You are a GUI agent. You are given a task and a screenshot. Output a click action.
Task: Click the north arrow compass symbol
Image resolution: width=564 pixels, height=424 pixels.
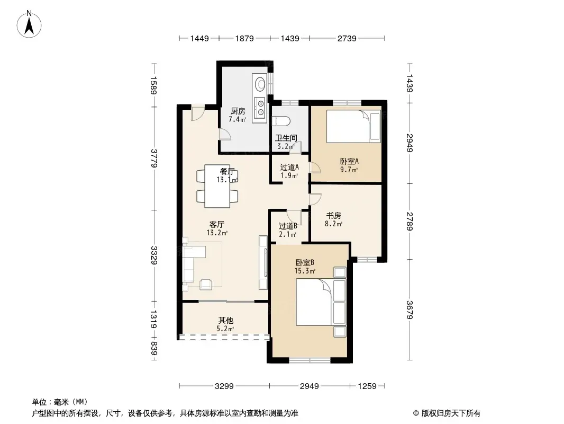click(x=29, y=24)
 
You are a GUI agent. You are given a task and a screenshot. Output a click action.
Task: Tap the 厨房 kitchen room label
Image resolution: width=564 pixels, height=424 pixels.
click(x=238, y=111)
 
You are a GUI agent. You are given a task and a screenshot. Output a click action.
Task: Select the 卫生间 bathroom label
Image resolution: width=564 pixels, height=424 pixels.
click(x=286, y=138)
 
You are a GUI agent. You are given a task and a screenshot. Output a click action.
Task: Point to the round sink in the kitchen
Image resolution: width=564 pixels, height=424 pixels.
click(x=260, y=84)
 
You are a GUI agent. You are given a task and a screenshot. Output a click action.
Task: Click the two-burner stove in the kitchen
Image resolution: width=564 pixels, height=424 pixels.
click(x=260, y=107)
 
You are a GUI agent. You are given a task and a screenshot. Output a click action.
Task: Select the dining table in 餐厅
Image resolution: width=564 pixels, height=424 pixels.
click(x=217, y=186)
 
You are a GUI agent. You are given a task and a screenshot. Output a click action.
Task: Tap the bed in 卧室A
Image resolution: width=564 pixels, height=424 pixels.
click(x=353, y=127)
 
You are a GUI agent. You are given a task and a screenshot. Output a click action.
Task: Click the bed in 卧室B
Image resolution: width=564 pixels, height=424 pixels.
click(x=321, y=302)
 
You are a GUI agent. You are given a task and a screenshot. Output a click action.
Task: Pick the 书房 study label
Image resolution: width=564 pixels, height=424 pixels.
click(x=333, y=215)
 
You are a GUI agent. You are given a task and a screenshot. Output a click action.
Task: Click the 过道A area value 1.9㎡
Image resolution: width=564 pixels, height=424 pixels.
click(x=289, y=176)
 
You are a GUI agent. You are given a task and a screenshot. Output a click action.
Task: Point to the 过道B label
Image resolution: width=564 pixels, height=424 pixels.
click(x=288, y=226)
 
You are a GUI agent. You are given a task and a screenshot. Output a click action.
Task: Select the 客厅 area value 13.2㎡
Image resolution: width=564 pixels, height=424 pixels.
click(x=217, y=233)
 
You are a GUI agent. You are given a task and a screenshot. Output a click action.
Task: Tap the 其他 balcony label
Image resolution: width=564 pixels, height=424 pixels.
click(x=225, y=320)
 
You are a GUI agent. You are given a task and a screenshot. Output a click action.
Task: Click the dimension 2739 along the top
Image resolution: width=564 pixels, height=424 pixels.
click(x=347, y=38)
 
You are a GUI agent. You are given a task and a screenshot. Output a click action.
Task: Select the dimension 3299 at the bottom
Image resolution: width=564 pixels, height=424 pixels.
click(x=224, y=386)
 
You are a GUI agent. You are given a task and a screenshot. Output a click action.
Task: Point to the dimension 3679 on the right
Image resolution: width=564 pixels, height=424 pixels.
click(x=410, y=310)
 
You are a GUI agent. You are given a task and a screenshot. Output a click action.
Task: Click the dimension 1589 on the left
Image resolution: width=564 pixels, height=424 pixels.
click(x=153, y=85)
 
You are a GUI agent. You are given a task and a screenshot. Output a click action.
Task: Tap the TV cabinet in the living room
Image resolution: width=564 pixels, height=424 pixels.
click(x=263, y=262)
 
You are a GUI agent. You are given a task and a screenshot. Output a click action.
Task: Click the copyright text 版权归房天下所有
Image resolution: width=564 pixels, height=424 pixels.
click(x=451, y=413)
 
